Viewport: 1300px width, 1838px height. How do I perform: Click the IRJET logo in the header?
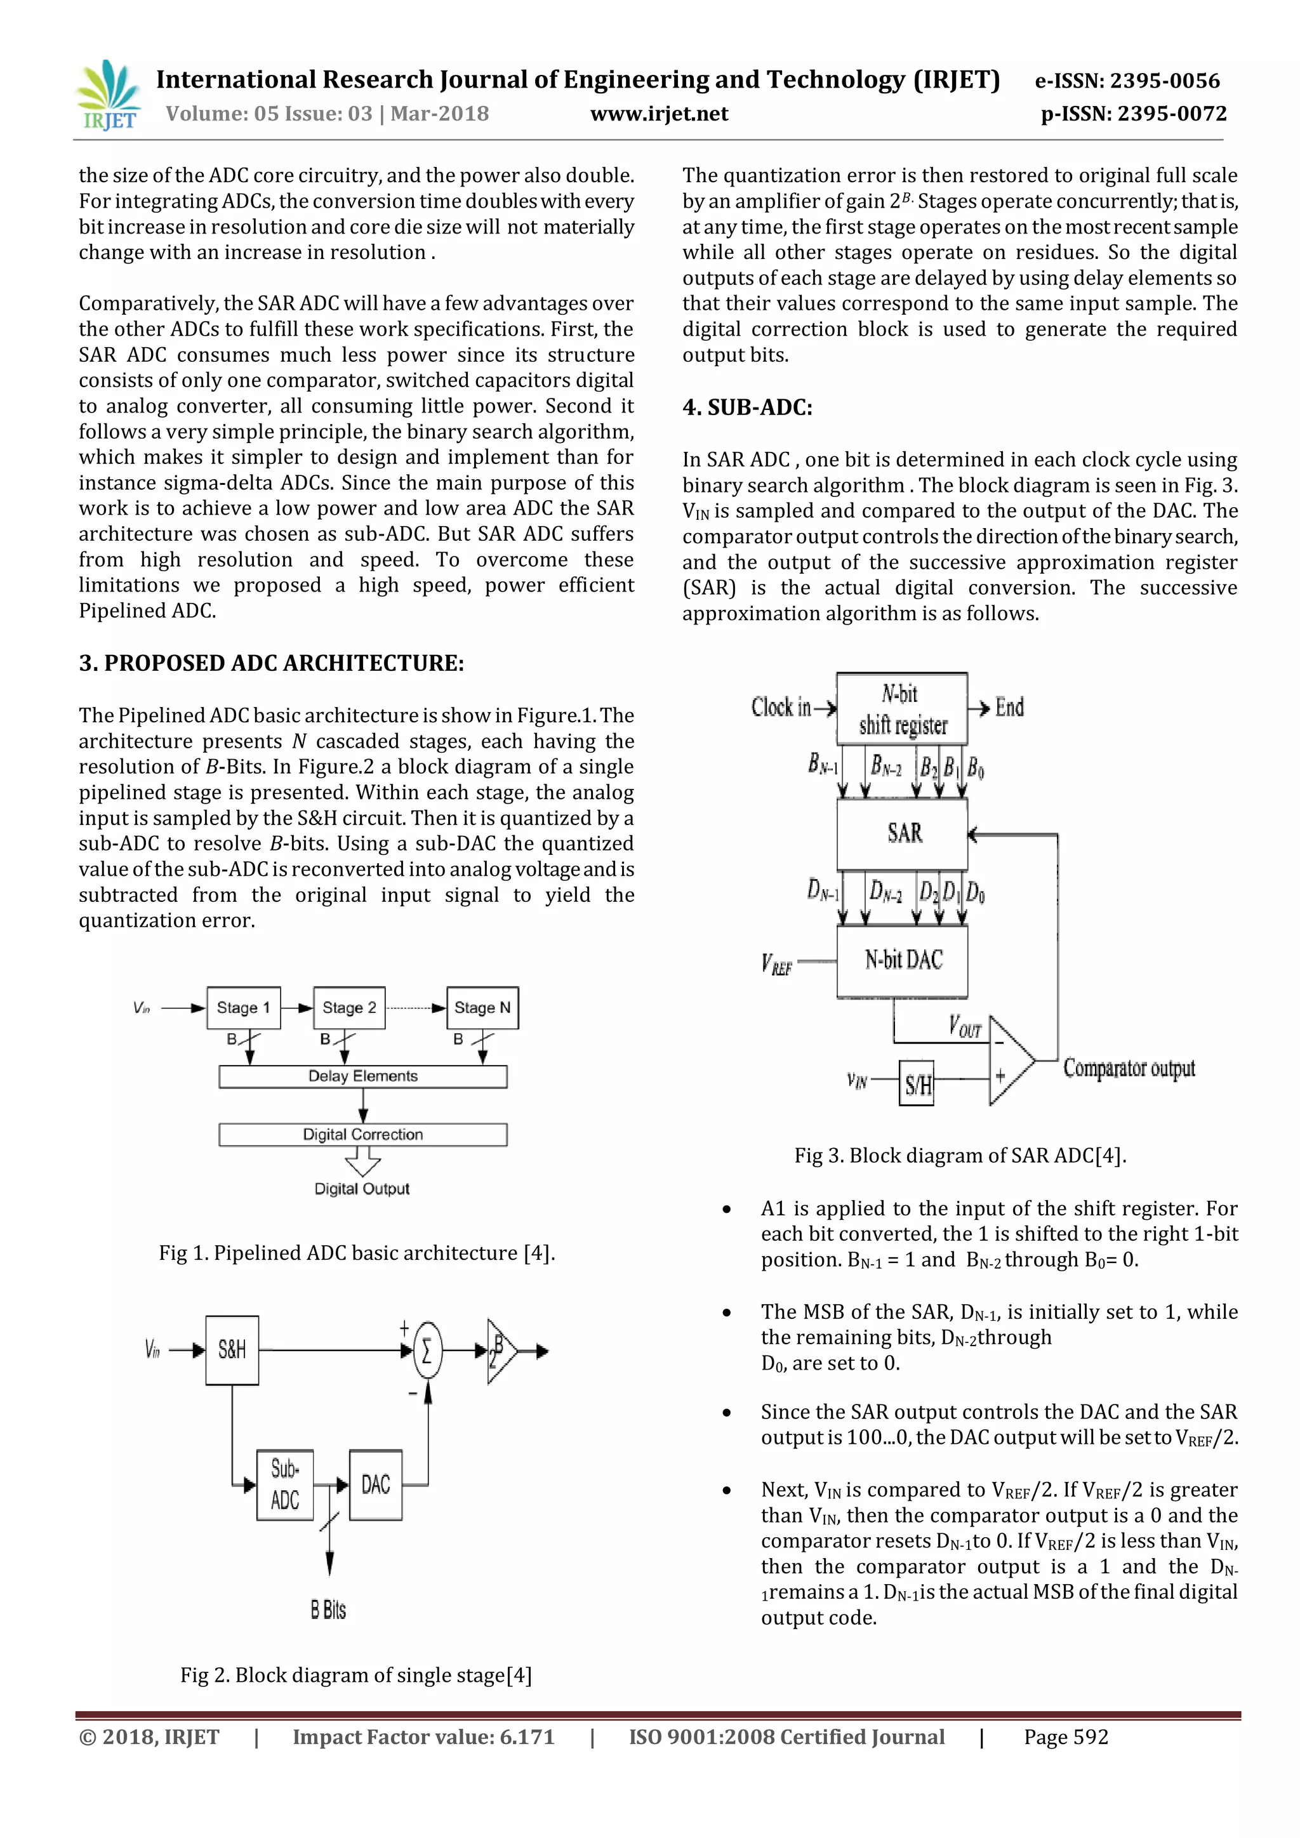pos(108,96)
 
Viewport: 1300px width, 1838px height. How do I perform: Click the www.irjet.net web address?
pos(659,114)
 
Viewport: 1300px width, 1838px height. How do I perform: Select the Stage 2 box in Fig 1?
pos(349,1008)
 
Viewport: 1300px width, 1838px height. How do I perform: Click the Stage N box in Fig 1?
pos(482,1008)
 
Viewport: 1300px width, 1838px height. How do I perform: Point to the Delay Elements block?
pos(362,1076)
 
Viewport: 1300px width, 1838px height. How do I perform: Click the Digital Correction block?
pos(362,1134)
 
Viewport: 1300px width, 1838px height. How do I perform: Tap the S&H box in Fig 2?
pos(232,1350)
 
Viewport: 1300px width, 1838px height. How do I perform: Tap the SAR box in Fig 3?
pos(902,833)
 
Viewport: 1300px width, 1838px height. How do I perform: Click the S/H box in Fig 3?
pos(917,1083)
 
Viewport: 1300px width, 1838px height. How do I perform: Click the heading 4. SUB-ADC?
pos(747,407)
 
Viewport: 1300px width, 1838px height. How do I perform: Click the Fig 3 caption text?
pos(960,1155)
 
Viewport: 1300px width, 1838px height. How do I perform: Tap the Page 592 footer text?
pos(1066,1736)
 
